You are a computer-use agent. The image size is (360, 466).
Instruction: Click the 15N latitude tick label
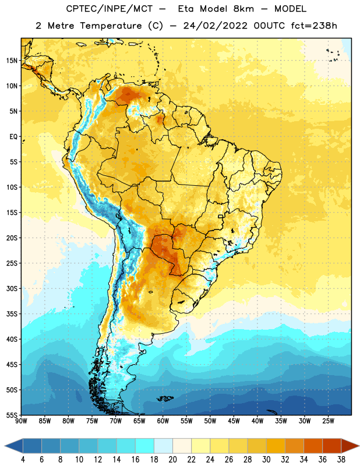[12, 61]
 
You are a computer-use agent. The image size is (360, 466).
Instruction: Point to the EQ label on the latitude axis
[13, 137]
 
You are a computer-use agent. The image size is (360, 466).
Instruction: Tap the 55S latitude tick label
[12, 415]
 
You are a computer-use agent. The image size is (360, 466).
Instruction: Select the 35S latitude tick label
[12, 314]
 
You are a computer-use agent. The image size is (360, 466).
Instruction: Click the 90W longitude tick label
[21, 421]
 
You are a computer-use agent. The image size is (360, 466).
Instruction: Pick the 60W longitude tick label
[163, 421]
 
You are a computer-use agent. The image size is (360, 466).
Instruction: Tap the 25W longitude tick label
[328, 421]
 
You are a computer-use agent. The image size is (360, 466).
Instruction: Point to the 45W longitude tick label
[234, 421]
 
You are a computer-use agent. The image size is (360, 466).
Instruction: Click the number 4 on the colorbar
[23, 460]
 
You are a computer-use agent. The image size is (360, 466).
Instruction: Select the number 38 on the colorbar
[341, 460]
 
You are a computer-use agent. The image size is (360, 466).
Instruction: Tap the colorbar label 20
[172, 460]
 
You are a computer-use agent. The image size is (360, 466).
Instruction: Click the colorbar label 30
[266, 460]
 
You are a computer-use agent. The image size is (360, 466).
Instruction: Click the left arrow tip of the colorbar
[5, 446]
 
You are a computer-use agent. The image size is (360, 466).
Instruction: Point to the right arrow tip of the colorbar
[359, 446]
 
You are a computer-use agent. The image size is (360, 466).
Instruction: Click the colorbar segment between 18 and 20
[163, 446]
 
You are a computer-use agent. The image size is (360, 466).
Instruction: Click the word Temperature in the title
[111, 26]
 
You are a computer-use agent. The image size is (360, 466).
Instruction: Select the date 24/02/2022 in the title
[215, 26]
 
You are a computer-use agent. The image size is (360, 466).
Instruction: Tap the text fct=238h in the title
[314, 26]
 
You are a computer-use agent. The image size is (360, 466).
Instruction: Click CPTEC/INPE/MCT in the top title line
[110, 9]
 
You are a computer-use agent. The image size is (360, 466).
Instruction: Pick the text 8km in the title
[243, 9]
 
